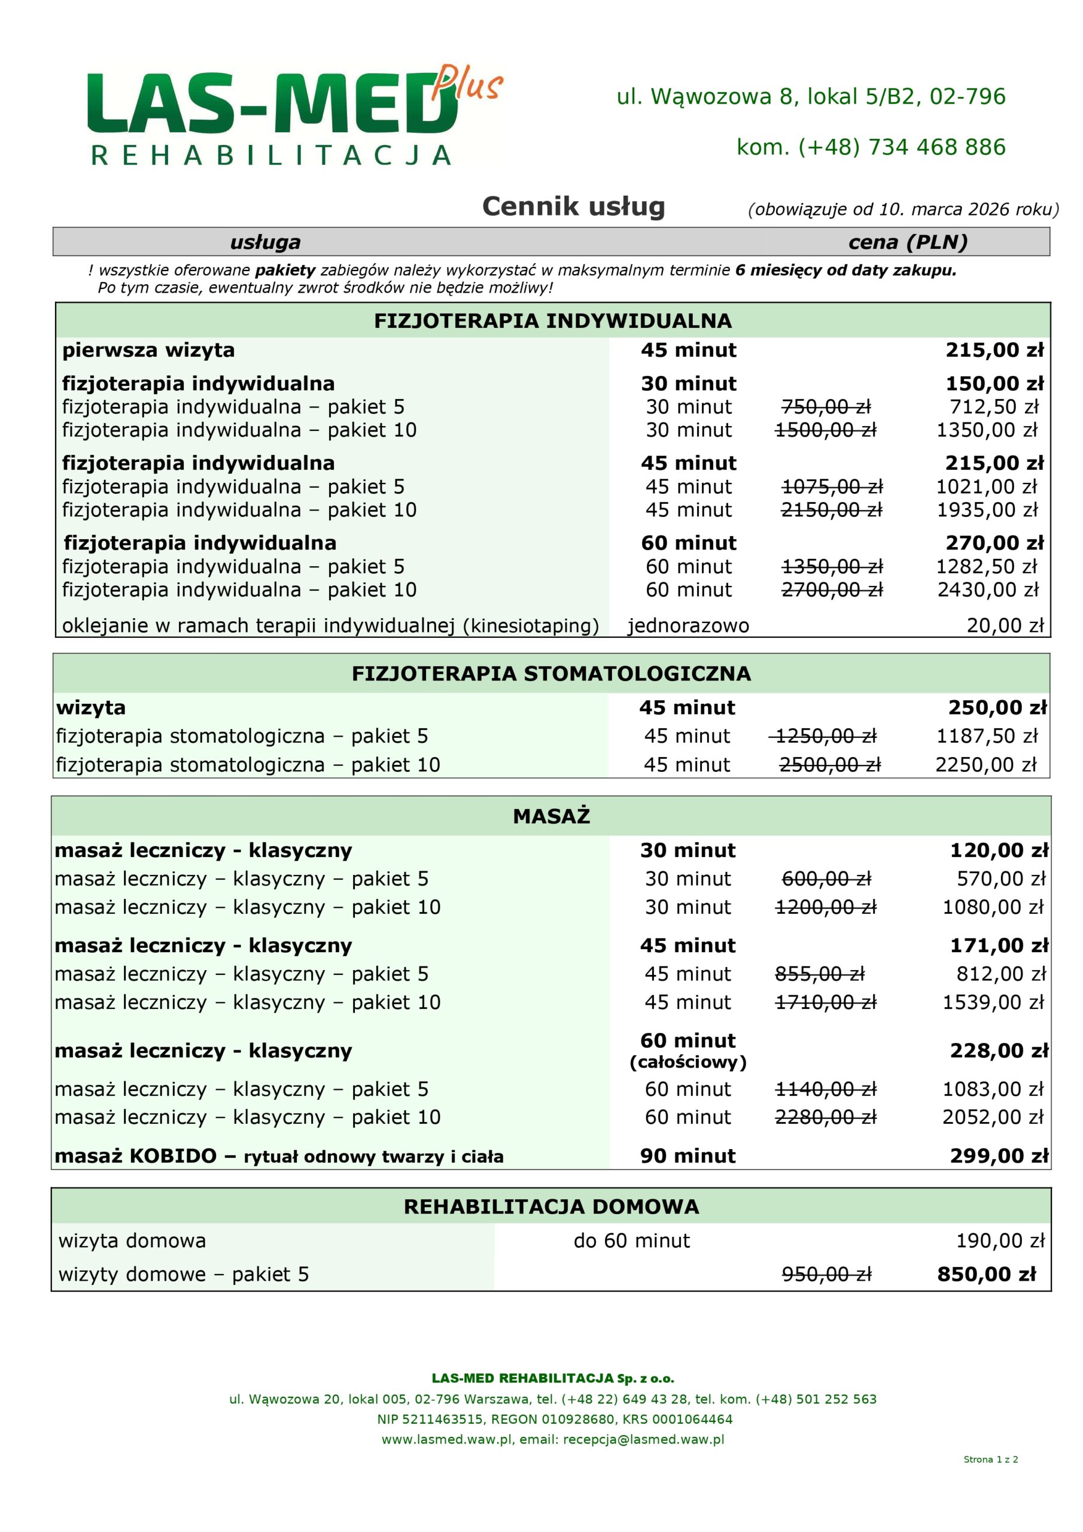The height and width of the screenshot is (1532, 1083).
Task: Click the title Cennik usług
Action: [x=573, y=206]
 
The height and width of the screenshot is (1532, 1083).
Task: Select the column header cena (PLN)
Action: [x=908, y=242]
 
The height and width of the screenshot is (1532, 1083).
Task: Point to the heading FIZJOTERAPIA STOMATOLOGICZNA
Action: [x=551, y=673]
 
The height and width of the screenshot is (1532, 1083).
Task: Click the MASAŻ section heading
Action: [x=551, y=816]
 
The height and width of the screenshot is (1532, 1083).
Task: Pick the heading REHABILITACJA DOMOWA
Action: [x=551, y=1206]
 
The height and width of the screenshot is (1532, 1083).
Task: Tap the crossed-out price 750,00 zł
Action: [x=826, y=406]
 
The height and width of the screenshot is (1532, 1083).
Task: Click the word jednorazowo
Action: [x=688, y=625]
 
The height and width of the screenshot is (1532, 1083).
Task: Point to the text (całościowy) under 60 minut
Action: [x=688, y=1062]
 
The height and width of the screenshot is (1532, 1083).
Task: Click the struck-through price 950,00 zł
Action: [x=826, y=1275]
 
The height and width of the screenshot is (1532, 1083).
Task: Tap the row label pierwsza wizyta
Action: [x=148, y=350]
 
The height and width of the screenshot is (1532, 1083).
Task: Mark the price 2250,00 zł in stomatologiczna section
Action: [x=986, y=765]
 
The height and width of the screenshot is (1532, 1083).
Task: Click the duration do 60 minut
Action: [x=631, y=1241]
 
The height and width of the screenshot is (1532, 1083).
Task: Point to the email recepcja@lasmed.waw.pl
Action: [x=643, y=1439]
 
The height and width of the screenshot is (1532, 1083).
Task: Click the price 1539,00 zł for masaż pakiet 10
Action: [x=992, y=1002]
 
